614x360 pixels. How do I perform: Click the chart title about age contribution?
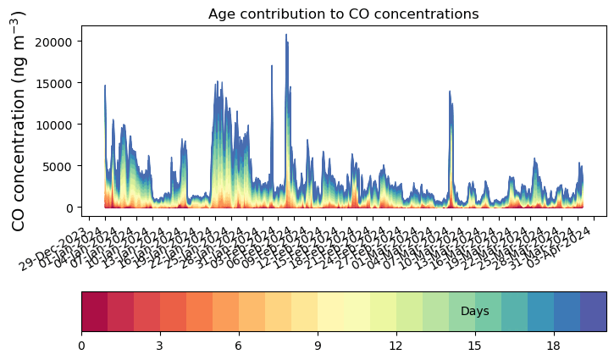tap(344, 14)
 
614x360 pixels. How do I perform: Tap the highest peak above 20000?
tap(286, 36)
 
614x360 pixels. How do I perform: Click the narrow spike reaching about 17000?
tap(272, 66)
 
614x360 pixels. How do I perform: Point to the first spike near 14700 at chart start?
tap(105, 86)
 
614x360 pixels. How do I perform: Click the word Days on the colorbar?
tap(474, 312)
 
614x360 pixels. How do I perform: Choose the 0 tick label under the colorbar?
tap(81, 346)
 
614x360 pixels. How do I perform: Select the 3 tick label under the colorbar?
tap(160, 346)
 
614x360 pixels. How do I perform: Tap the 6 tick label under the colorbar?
tap(239, 346)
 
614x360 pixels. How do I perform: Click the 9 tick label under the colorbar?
tap(318, 346)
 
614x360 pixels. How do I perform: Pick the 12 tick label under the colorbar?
tap(396, 346)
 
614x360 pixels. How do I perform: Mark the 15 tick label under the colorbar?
tap(475, 346)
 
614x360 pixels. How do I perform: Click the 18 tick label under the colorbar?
tap(554, 346)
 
